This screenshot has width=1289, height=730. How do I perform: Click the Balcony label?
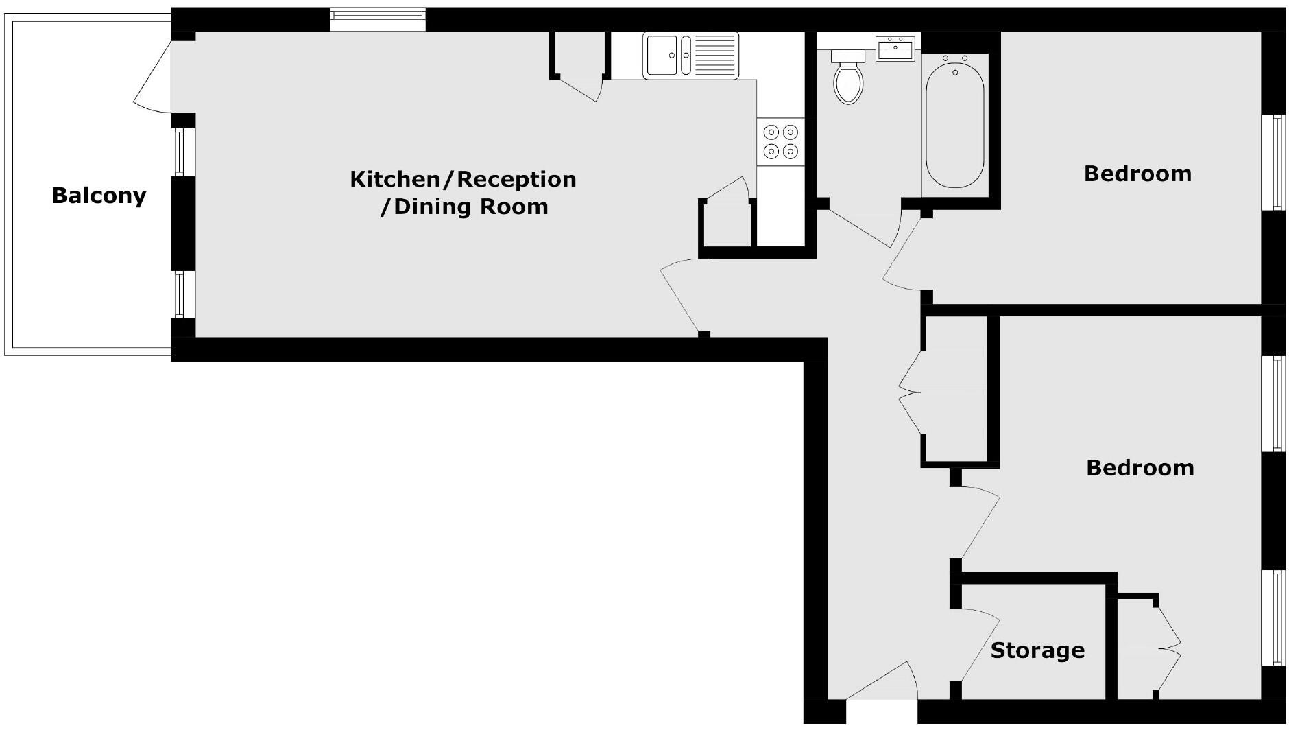click(99, 196)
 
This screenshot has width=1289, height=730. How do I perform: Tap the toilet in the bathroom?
click(848, 78)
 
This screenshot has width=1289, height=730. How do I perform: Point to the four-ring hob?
click(781, 141)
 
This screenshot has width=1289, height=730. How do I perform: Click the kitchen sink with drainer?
click(690, 55)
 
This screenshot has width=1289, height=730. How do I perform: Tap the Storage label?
click(1037, 650)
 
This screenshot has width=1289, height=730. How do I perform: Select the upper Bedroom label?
click(1137, 174)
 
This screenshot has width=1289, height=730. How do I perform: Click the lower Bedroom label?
click(1140, 468)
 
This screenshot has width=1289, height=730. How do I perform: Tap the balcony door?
click(152, 75)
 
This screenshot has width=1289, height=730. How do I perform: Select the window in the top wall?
click(377, 19)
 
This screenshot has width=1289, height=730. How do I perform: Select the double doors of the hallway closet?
click(910, 394)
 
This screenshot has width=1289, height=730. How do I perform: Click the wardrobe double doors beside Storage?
click(1168, 648)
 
